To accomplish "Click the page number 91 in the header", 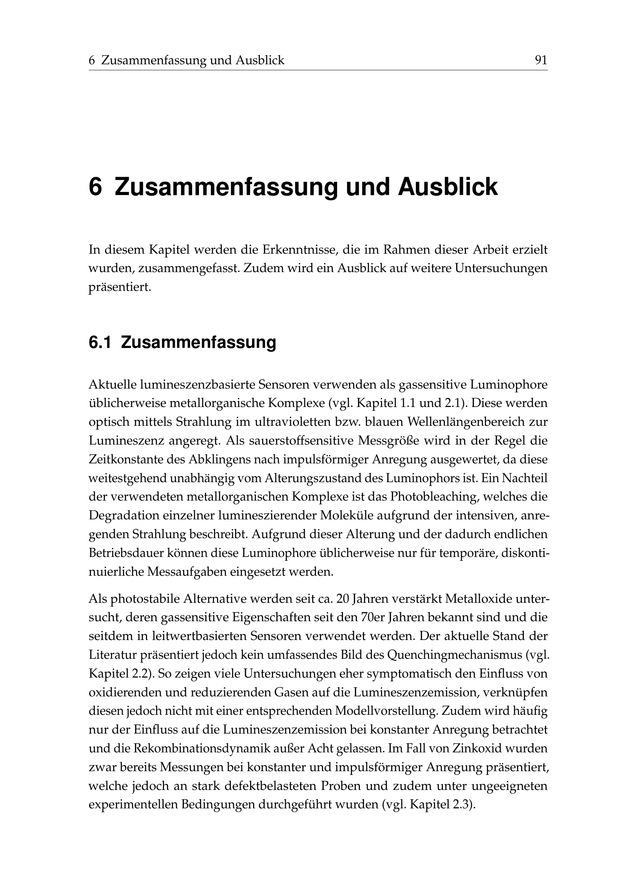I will (541, 60).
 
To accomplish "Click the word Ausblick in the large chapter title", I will (448, 188).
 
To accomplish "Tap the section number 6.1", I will (100, 342).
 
